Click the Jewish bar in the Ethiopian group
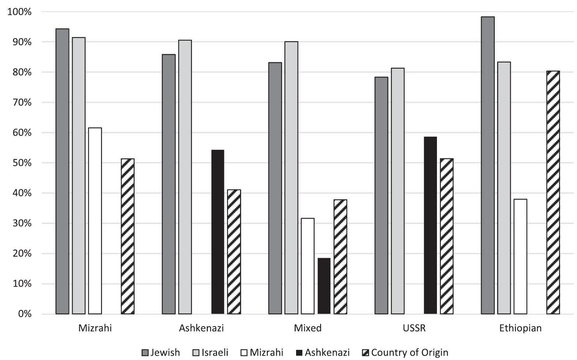[488, 165]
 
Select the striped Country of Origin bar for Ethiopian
[553, 193]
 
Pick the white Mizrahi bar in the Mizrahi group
[95, 221]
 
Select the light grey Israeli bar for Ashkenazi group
[185, 177]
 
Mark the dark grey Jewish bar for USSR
[381, 195]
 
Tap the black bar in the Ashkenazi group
[218, 232]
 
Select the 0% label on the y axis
[24, 314]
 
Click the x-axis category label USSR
[414, 328]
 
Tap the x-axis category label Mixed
[308, 328]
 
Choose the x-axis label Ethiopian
[520, 328]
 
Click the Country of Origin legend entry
[410, 353]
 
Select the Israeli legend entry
[215, 353]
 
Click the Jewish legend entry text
[165, 353]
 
